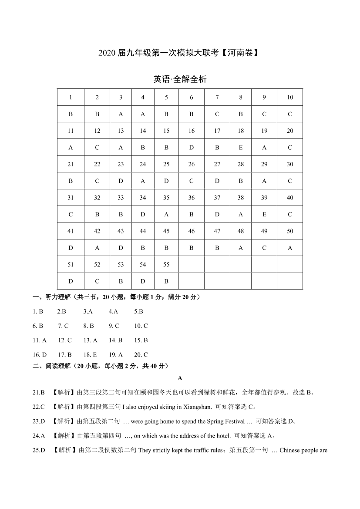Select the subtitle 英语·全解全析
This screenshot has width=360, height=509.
pyautogui.click(x=180, y=80)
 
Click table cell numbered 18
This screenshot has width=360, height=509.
pyautogui.click(x=241, y=131)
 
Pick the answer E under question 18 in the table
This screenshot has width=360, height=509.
pyautogui.click(x=241, y=148)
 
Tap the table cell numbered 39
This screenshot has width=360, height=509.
pyautogui.click(x=264, y=198)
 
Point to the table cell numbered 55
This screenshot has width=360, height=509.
pyautogui.click(x=166, y=264)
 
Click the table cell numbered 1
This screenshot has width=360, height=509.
pyautogui.click(x=71, y=98)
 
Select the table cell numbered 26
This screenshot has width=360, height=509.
pyautogui.click(x=192, y=164)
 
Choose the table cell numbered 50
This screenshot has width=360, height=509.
pyautogui.click(x=290, y=231)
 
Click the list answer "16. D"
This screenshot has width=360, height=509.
pyautogui.click(x=40, y=355)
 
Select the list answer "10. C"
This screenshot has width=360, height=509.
pyautogui.click(x=141, y=326)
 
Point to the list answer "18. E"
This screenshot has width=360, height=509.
pyautogui.click(x=90, y=355)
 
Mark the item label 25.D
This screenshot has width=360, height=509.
pyautogui.click(x=39, y=450)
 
